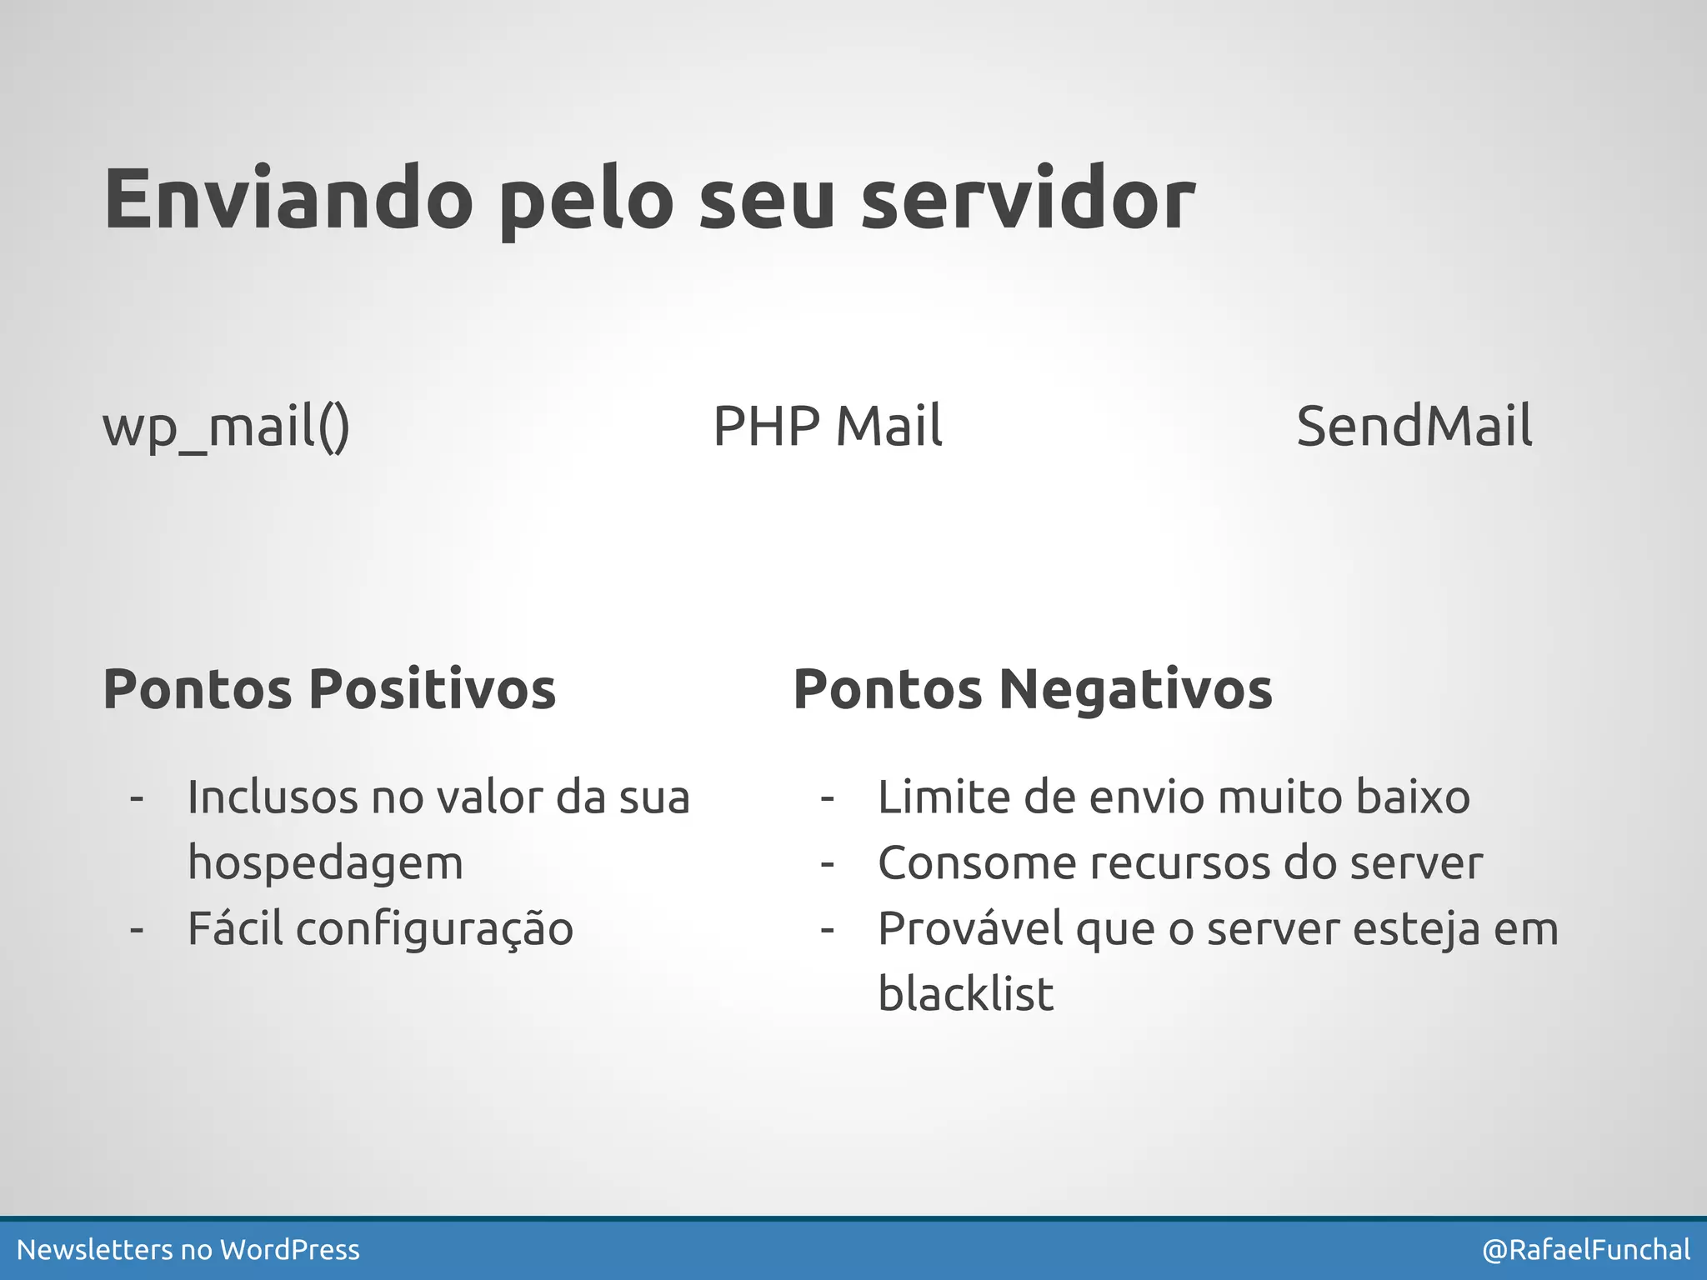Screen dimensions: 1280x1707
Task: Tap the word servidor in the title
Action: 1027,200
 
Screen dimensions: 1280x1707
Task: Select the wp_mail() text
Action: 226,427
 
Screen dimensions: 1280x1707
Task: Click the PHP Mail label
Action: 827,426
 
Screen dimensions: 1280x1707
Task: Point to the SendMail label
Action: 1414,426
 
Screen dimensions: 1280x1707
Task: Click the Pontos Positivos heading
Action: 329,689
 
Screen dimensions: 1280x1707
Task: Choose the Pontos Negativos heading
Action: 1032,689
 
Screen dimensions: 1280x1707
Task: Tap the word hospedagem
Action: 325,863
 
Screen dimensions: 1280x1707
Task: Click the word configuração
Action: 434,929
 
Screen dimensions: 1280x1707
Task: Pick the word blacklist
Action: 965,994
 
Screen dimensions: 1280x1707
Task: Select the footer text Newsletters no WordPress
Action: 188,1250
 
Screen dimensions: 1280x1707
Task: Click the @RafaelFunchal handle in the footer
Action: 1585,1250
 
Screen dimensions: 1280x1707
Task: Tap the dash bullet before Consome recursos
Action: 827,863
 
